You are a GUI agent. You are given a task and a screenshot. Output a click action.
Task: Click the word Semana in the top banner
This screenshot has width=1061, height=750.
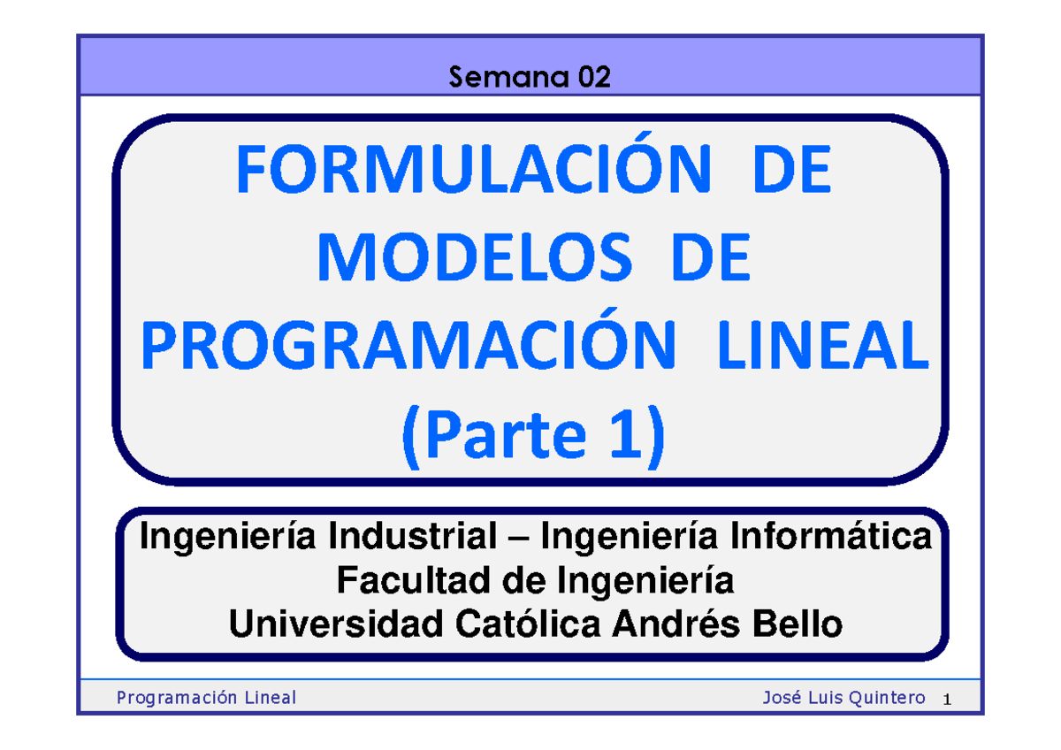coord(510,79)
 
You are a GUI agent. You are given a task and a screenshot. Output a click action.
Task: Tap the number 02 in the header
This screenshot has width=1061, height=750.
coord(594,79)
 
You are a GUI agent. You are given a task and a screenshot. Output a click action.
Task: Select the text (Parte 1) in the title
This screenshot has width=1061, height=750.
coord(532,436)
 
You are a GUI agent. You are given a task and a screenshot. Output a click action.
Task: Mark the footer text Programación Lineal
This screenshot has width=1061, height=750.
coord(206,699)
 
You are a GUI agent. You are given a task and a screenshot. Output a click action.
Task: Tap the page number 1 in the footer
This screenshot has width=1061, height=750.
coord(946,700)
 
